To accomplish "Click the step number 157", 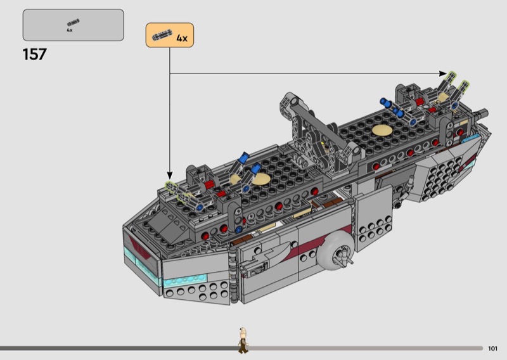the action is (35, 55).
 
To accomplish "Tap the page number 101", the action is (492, 349).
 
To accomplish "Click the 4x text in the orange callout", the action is (182, 38).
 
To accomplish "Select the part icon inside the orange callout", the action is (163, 35).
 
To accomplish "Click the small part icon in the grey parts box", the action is (73, 23).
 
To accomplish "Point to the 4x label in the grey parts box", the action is (70, 30).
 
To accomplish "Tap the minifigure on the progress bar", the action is (243, 340).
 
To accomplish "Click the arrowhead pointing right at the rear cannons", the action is (443, 74).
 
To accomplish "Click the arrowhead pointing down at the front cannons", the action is (170, 176).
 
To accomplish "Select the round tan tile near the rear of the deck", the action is (382, 130).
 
